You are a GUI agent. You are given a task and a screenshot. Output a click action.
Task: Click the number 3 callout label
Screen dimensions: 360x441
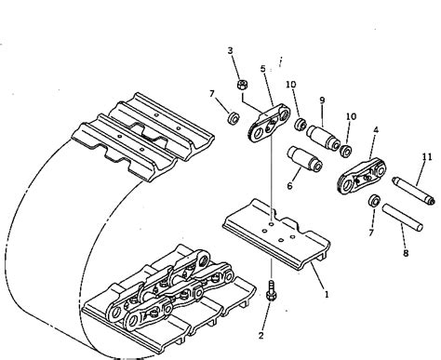tap(231, 50)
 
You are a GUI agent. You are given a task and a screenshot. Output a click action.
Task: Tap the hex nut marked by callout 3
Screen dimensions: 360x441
tap(242, 87)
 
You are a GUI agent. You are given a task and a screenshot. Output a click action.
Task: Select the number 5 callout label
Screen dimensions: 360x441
tap(263, 69)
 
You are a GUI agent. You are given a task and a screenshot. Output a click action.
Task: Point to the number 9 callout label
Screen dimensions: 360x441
tap(322, 100)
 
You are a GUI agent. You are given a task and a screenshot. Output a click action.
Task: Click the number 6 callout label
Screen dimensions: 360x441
tap(289, 186)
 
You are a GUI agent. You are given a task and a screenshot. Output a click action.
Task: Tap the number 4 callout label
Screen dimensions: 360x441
tap(375, 131)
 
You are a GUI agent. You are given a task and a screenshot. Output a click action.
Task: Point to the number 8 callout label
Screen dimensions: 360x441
tap(405, 251)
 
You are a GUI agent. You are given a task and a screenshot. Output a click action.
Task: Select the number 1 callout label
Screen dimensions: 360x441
tap(326, 294)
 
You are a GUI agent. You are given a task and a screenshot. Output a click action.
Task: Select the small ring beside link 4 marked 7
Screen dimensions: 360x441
tap(374, 202)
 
